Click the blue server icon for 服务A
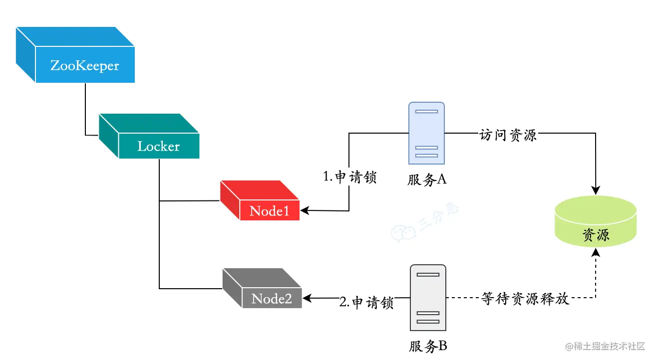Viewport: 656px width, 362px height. click(426, 133)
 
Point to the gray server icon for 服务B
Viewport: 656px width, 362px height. click(428, 298)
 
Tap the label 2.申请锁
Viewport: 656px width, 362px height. click(366, 303)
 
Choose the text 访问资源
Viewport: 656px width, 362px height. click(508, 135)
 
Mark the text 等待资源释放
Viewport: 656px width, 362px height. click(525, 299)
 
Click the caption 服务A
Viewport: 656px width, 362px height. click(426, 180)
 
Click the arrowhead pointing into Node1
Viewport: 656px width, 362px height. click(305, 210)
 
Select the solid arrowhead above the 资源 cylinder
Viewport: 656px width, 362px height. click(595, 190)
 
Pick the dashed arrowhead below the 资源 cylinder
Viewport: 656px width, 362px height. click(595, 254)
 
